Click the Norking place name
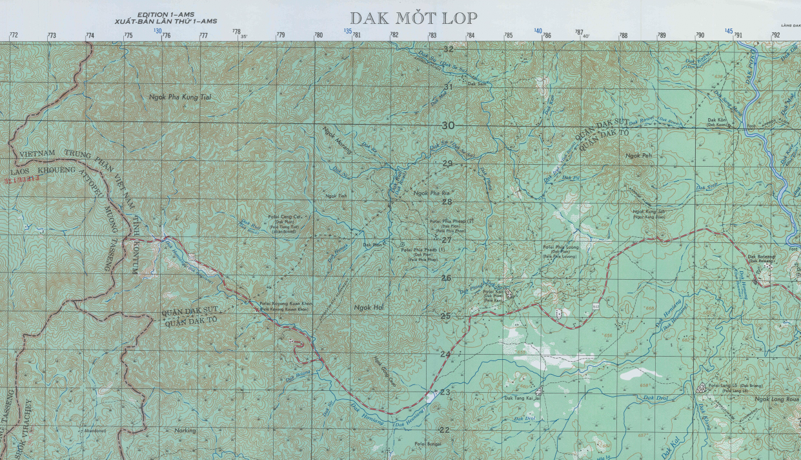[185, 430]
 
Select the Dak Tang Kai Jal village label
[521, 399]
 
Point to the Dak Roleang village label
[760, 256]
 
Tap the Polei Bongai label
[428, 444]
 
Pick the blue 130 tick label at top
[157, 30]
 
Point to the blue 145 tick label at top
[729, 30]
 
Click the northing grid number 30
[448, 125]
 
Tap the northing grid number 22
[444, 430]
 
